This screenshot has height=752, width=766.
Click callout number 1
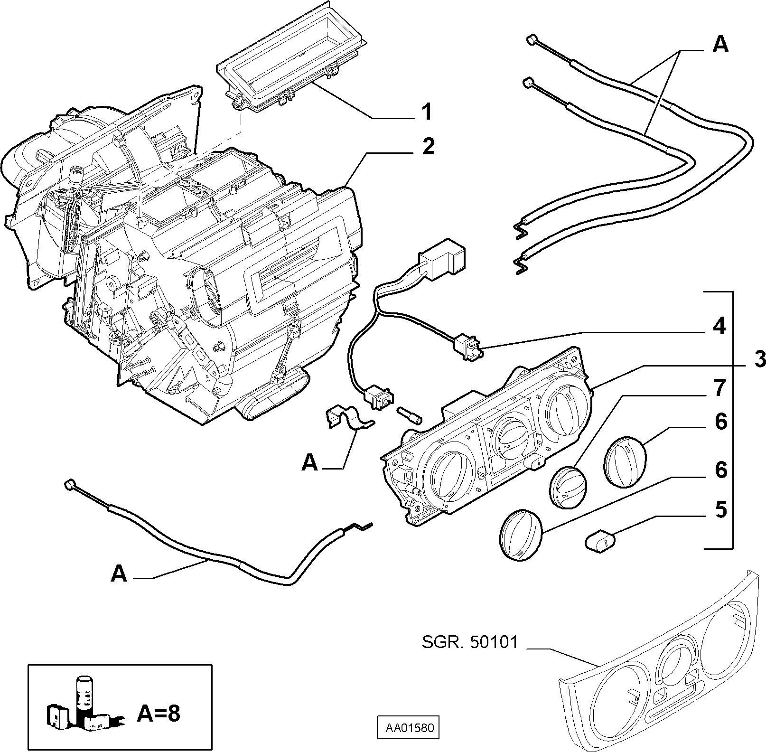click(x=427, y=112)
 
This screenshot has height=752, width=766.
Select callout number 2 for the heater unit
click(x=428, y=146)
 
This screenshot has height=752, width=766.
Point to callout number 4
click(x=719, y=326)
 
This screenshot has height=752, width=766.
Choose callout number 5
click(x=720, y=510)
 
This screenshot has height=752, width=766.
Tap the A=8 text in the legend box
click(x=159, y=714)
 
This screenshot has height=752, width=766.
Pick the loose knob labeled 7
click(x=569, y=487)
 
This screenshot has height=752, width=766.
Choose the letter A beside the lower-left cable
click(x=119, y=574)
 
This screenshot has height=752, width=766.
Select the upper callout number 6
click(x=720, y=422)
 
